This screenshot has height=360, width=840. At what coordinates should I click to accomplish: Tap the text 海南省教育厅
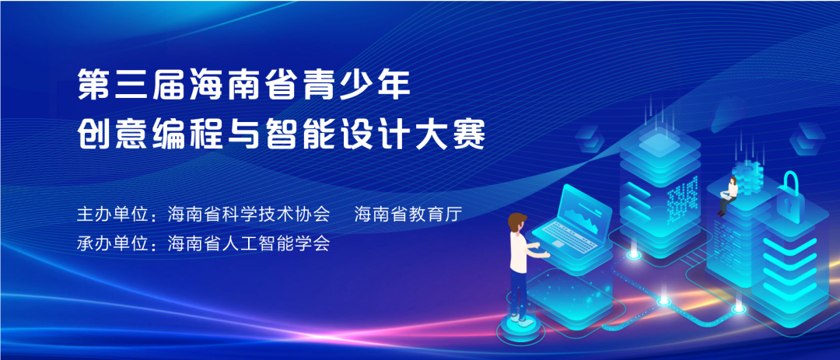pos(408,215)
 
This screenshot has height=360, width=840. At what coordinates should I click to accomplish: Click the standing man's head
pos(517,223)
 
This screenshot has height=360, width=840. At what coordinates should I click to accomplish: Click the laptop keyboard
pos(568,235)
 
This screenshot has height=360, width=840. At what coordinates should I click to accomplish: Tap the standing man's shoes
pos(519,319)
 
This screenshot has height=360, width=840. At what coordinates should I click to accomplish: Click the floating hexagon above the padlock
pos(807,138)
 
